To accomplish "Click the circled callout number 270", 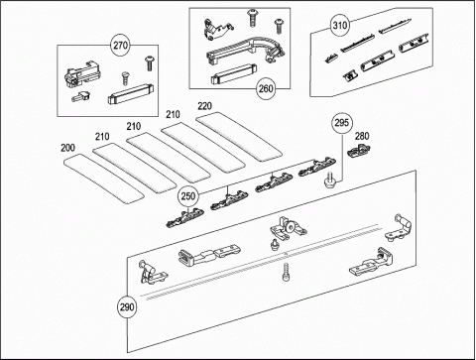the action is [x=121, y=45].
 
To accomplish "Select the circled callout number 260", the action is [x=266, y=88].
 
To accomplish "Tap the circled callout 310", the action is [x=340, y=25].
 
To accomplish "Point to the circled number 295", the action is [x=342, y=123].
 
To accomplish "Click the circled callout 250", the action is [x=188, y=196].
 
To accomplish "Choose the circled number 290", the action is [x=127, y=307].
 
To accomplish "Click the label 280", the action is [x=362, y=136].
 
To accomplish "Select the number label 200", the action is [x=67, y=148].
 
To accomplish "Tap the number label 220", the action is [x=205, y=106].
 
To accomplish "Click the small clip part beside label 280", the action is [x=358, y=152].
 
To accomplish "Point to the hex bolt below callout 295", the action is [x=329, y=180].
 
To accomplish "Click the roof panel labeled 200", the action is [x=103, y=179].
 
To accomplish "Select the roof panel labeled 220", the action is [x=239, y=137].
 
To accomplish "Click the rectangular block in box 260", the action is [x=234, y=73].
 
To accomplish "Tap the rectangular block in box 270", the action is [x=131, y=94].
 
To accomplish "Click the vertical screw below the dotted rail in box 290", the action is [x=286, y=272].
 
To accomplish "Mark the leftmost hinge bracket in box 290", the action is [x=152, y=272].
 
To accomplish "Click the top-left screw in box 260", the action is [x=253, y=18].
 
